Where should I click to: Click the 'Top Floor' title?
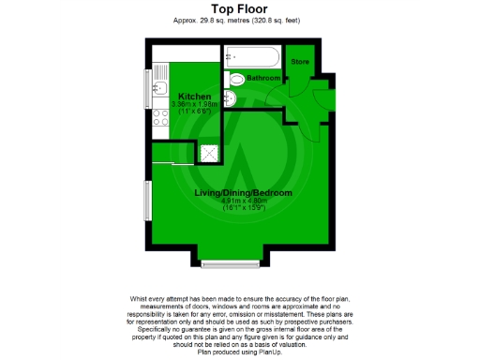click(240, 8)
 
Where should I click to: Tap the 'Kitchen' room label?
click(196, 97)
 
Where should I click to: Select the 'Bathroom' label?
click(263, 78)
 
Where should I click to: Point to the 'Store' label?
click(299, 62)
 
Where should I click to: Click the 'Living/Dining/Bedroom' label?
click(243, 193)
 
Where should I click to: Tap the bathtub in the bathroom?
click(251, 55)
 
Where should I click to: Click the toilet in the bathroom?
click(234, 79)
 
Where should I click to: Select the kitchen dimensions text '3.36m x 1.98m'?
click(198, 105)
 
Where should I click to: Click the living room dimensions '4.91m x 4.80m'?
click(244, 201)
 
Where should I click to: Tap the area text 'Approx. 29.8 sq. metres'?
click(215, 20)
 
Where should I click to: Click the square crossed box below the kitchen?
click(211, 152)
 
